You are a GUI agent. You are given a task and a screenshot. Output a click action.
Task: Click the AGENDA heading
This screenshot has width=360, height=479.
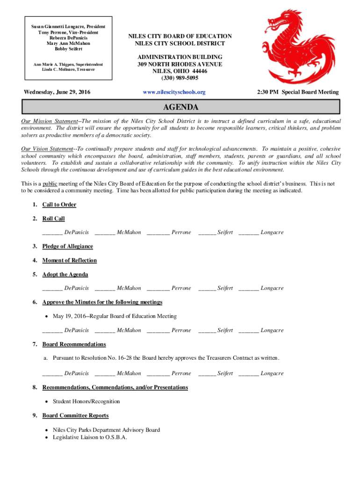click(180, 108)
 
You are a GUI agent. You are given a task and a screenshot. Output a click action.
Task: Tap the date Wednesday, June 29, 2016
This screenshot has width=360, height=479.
click(57, 92)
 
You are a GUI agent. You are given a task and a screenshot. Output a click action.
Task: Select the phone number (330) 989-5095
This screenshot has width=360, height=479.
click(180, 78)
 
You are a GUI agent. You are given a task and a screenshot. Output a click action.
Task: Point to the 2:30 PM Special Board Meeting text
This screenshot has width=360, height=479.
click(298, 92)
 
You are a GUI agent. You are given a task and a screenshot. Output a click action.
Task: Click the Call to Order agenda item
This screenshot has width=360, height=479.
click(59, 204)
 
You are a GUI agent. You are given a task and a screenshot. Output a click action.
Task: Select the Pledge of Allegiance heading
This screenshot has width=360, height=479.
click(67, 246)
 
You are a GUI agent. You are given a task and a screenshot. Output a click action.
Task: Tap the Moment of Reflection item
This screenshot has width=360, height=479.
click(69, 260)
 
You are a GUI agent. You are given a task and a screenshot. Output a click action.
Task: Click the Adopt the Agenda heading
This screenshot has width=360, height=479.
click(65, 274)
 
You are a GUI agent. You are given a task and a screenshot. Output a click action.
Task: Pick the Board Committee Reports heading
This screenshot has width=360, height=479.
click(75, 415)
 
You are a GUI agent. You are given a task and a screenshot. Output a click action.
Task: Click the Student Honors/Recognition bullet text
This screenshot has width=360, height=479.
click(86, 401)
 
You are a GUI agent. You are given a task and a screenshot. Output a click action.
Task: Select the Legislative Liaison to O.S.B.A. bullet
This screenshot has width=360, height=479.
click(90, 437)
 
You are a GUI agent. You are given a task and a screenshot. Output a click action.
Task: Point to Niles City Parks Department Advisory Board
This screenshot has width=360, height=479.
click(106, 430)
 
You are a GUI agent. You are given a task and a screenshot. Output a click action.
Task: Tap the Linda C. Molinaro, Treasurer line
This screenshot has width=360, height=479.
click(65, 69)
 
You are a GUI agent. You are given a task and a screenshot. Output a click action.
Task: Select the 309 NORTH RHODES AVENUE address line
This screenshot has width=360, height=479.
click(180, 64)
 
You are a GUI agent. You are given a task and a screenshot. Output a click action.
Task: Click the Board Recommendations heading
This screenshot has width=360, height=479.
click(74, 344)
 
